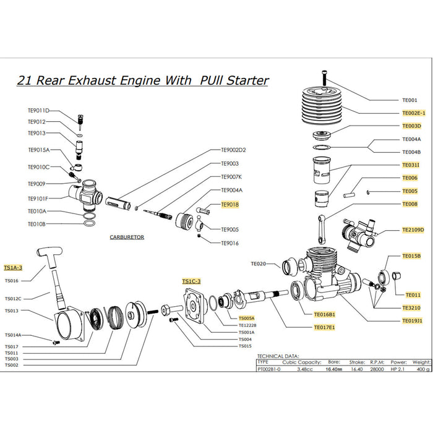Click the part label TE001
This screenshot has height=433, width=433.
pos(409,100)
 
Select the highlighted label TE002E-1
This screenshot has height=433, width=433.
pos(414,113)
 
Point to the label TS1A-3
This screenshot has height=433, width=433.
pos(13,268)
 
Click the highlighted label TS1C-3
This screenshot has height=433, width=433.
pos(191,281)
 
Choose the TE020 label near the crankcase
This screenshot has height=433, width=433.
pos(258,264)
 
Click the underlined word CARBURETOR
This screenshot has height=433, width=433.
pos(127,237)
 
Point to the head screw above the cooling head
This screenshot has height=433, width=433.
pos(326,77)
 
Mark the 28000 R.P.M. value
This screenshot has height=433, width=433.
pos(376,369)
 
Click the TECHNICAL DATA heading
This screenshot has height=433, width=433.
pos(278,356)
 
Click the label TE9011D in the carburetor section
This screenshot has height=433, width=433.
pos(38,111)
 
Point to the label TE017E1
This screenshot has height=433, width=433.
pos(324,327)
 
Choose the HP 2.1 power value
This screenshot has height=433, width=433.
pos(399,369)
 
